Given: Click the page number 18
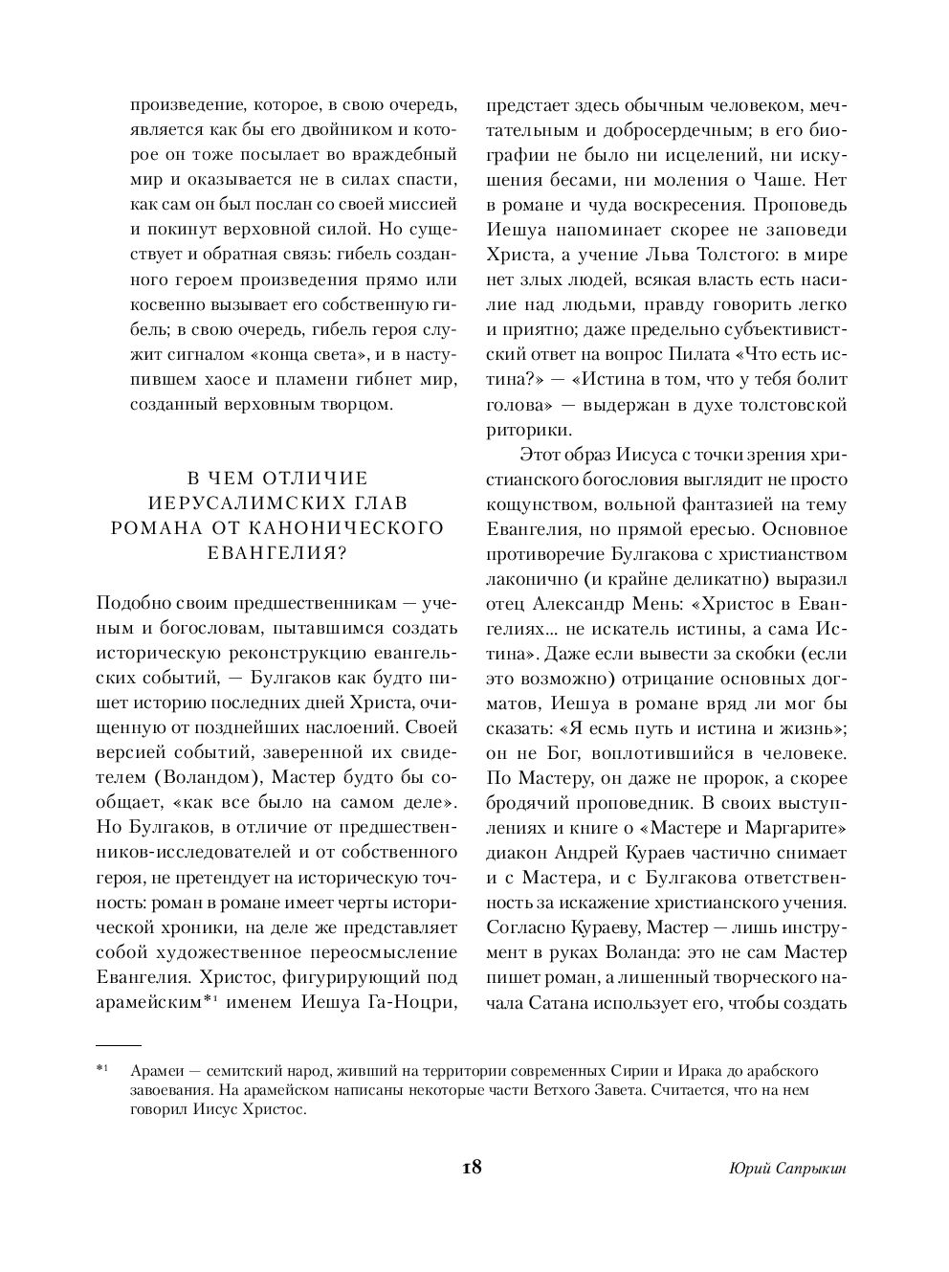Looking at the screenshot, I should [x=471, y=1168].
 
